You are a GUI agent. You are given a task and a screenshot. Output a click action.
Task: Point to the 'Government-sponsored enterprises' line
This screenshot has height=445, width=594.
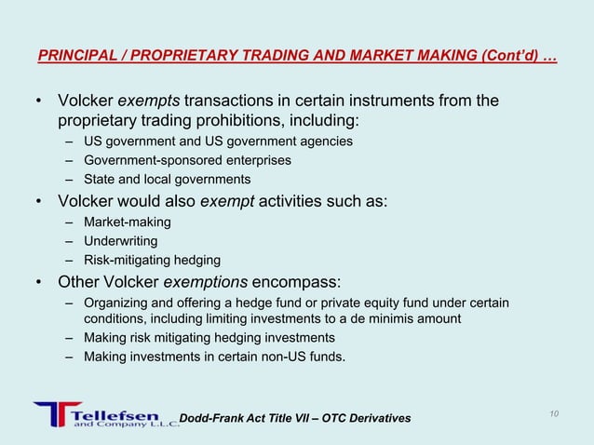click(187, 160)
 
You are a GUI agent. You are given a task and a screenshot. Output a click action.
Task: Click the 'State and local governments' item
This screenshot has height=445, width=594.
click(167, 179)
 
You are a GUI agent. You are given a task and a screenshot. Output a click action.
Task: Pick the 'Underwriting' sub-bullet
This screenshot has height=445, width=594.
click(120, 240)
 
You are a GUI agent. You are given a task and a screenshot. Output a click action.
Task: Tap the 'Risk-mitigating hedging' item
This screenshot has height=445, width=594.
click(152, 260)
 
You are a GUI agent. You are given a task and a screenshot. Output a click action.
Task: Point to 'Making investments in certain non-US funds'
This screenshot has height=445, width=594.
click(213, 356)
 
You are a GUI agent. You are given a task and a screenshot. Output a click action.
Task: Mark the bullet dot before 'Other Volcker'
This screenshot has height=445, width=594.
click(39, 282)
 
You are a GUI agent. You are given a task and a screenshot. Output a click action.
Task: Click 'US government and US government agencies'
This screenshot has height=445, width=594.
click(218, 142)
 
